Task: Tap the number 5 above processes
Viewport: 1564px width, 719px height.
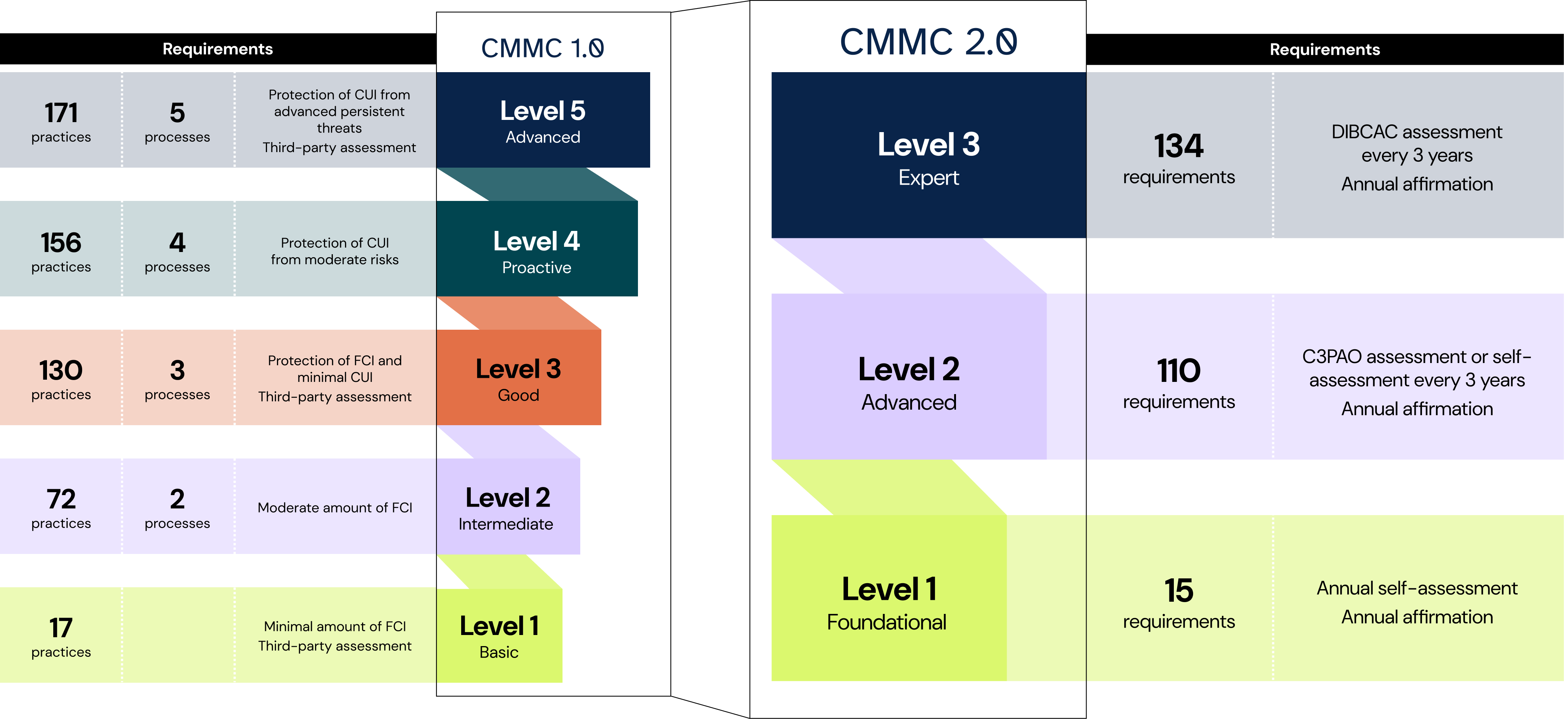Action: (177, 113)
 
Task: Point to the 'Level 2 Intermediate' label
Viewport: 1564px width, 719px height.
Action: (506, 508)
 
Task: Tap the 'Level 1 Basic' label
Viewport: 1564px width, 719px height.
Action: (499, 636)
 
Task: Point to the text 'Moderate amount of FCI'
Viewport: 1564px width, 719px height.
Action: (335, 508)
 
